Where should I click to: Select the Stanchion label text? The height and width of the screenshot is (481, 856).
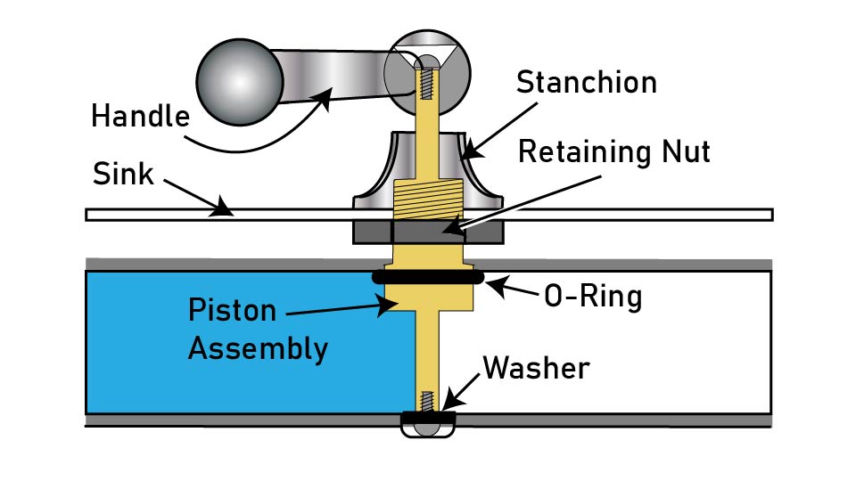pos(586,82)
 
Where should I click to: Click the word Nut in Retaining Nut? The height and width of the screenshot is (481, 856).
pos(682,152)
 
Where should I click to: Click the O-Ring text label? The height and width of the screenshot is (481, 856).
pos(592,296)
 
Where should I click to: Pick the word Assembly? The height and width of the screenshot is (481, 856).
pos(257,348)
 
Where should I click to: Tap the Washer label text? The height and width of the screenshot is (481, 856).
pos(535,367)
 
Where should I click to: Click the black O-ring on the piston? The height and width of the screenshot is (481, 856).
pos(427,278)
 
